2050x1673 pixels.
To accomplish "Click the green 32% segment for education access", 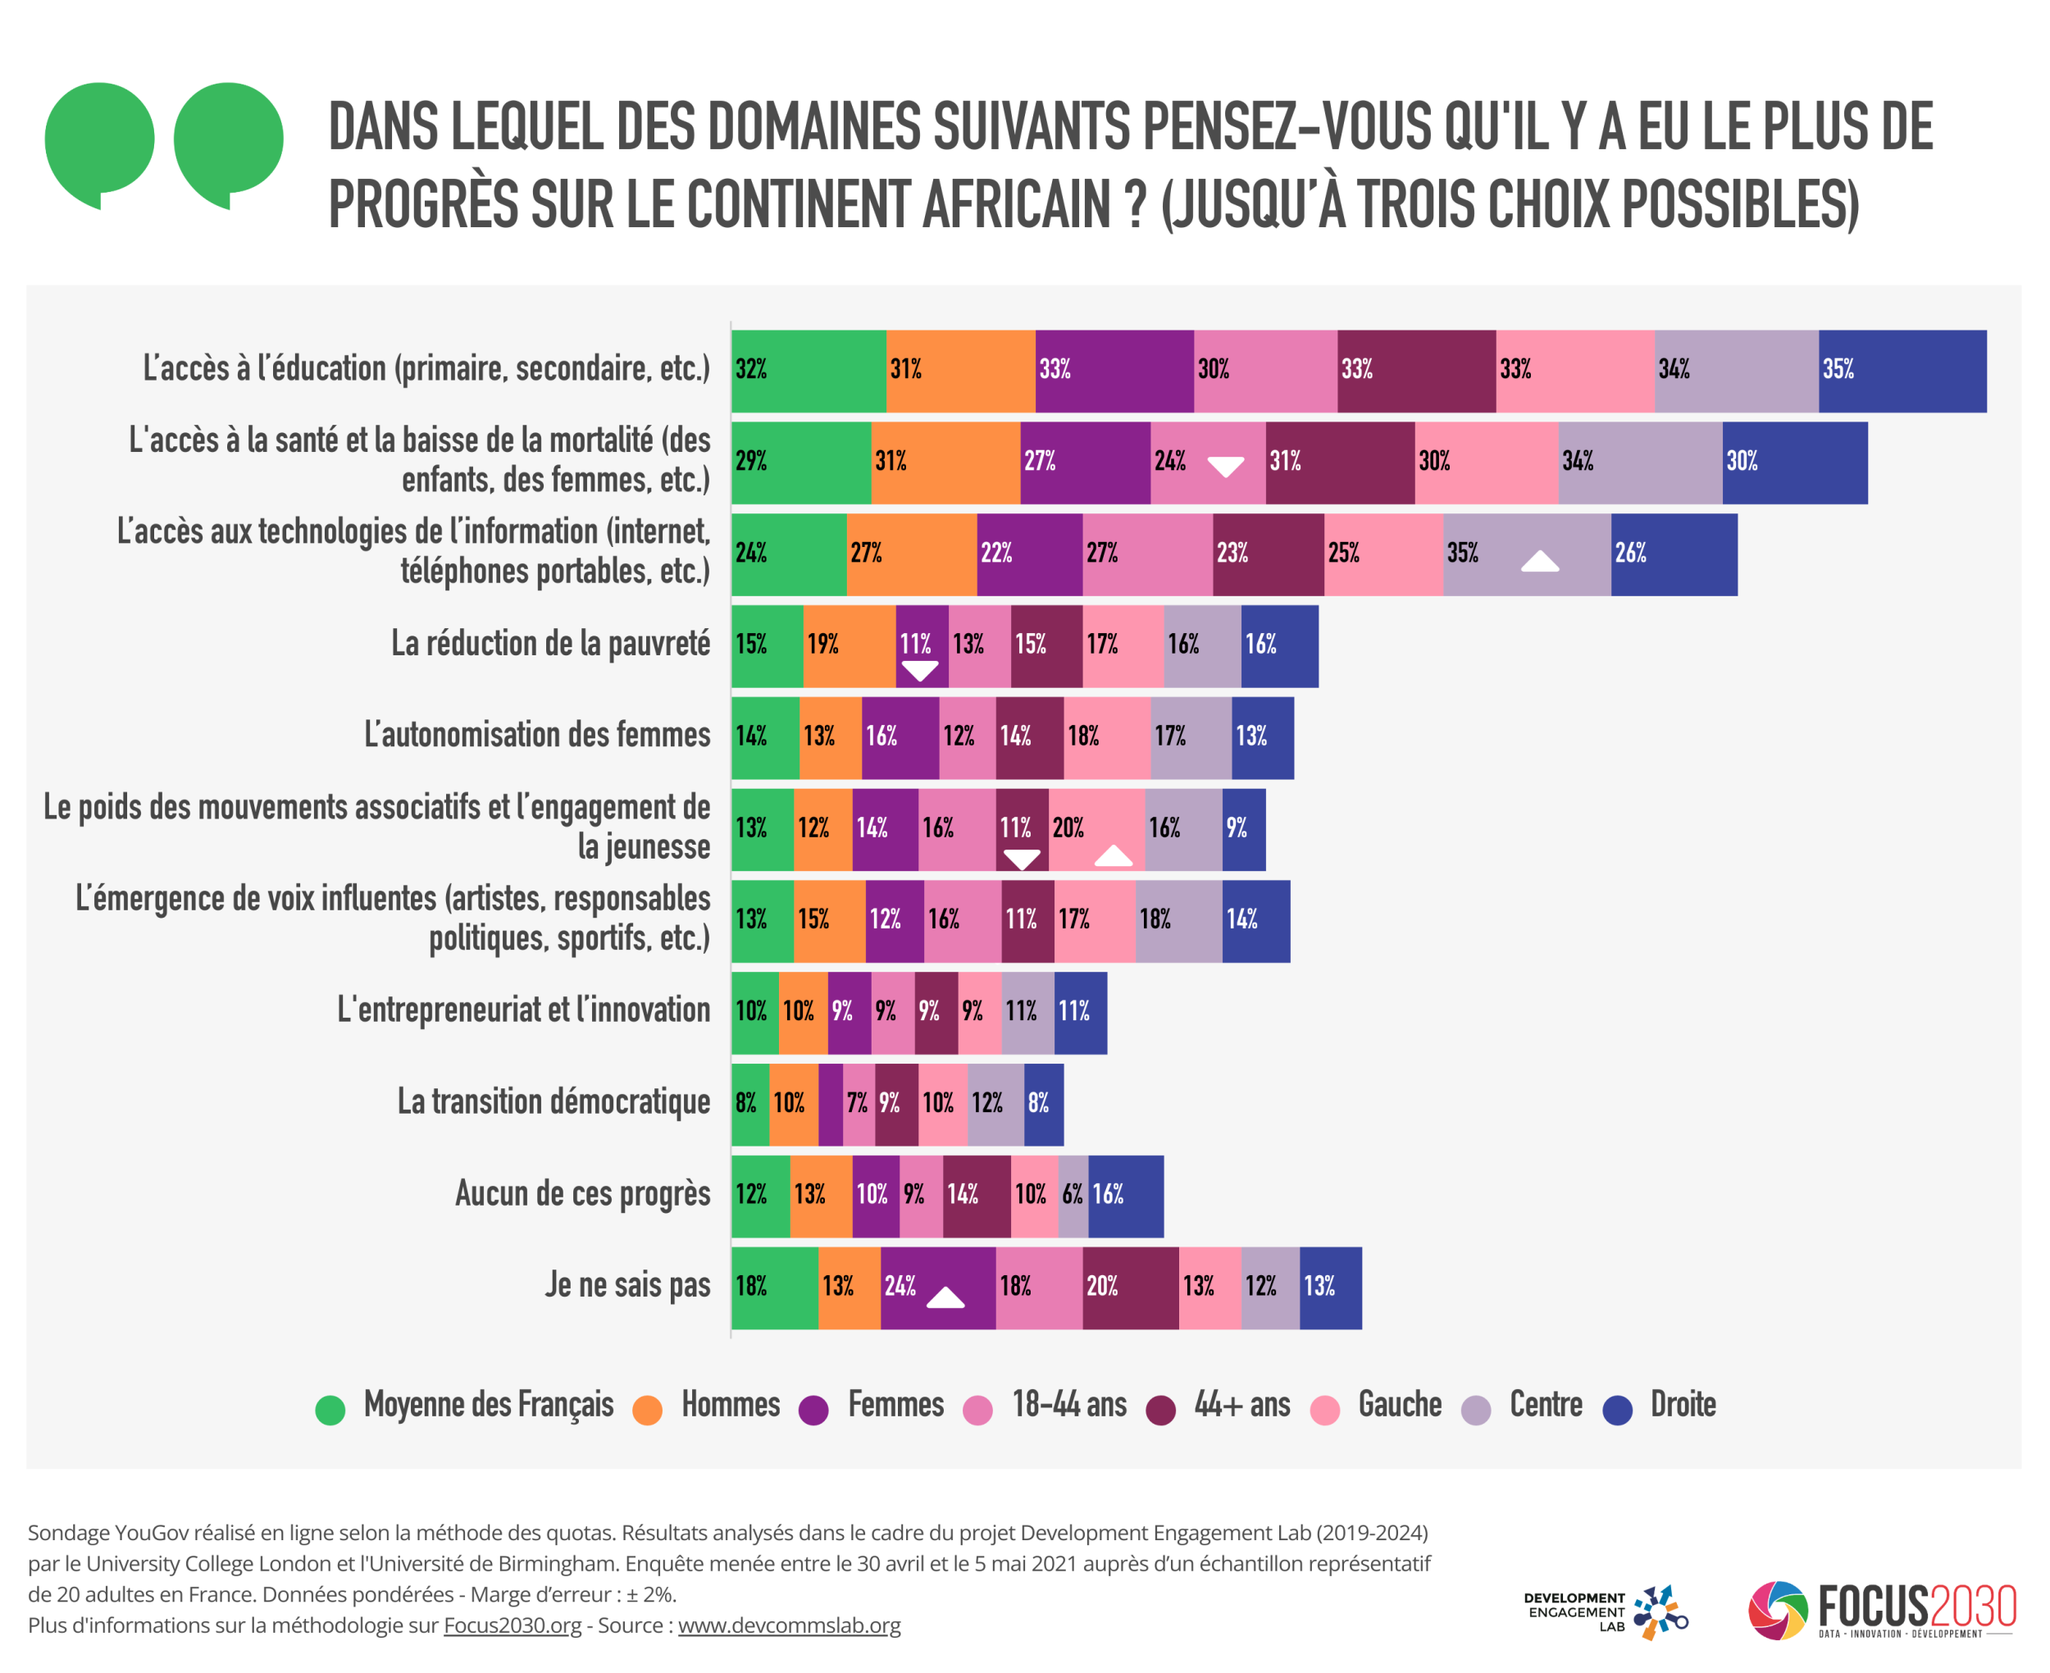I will [809, 371].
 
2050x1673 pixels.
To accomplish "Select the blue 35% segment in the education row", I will [1902, 371].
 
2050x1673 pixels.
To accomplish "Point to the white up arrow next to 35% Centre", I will [1539, 561].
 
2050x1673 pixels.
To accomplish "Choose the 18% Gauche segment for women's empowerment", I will [1107, 737].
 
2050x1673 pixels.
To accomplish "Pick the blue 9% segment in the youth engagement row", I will [1244, 829].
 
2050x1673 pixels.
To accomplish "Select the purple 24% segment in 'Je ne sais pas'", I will [937, 1288].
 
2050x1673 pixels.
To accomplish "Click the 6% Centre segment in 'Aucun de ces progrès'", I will [1073, 1196].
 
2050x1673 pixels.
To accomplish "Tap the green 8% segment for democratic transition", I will [749, 1105].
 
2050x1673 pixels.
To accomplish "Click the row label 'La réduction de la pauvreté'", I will [550, 644].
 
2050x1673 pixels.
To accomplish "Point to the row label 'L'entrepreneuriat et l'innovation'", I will [523, 1010].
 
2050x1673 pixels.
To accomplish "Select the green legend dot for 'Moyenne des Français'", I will [330, 1410].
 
